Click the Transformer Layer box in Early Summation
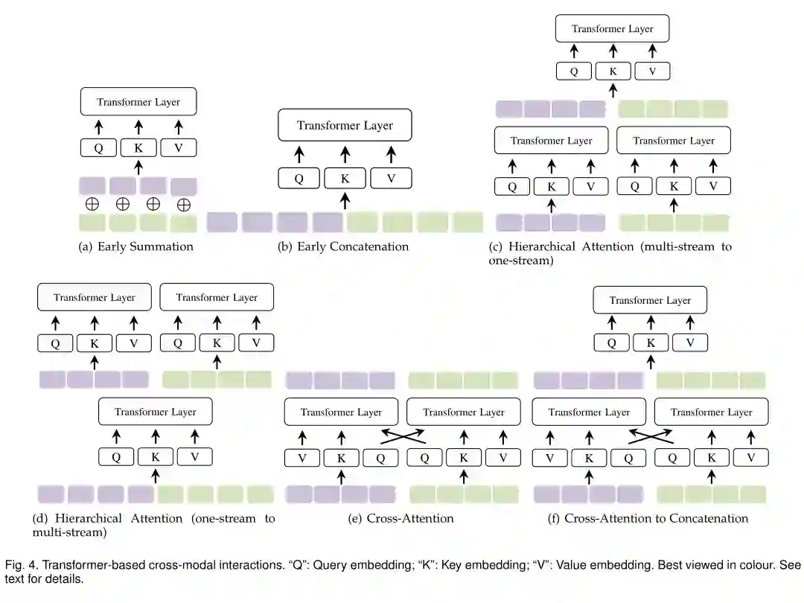click(138, 102)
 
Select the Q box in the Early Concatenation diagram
click(299, 178)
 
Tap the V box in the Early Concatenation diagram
click(391, 178)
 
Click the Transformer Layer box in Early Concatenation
click(345, 125)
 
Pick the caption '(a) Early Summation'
click(136, 246)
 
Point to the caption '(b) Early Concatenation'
click(343, 246)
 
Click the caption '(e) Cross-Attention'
click(401, 518)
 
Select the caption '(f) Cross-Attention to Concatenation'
click(648, 518)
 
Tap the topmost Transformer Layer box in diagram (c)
click(613, 29)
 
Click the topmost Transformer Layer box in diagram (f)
click(650, 301)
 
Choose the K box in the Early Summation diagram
click(138, 147)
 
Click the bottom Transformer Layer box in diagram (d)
click(156, 412)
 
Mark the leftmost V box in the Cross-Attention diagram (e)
click(302, 458)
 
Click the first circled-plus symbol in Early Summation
click(92, 203)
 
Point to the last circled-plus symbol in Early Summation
click(184, 205)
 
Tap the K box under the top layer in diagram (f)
click(651, 342)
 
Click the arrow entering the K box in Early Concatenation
click(345, 200)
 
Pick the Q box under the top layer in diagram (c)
click(574, 71)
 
